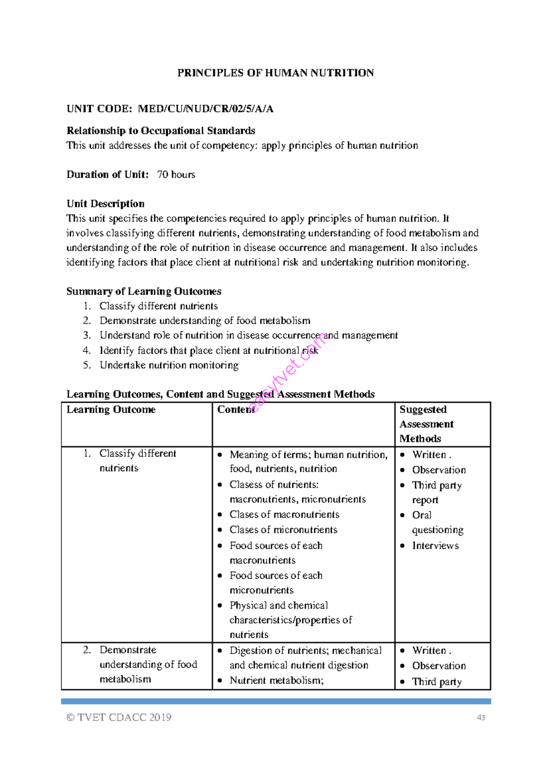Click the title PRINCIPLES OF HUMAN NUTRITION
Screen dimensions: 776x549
click(275, 73)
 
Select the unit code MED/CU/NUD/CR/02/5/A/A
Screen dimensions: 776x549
click(205, 109)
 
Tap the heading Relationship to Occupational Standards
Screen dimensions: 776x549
click(161, 131)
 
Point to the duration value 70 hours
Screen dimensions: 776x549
click(176, 175)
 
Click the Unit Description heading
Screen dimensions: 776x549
click(105, 204)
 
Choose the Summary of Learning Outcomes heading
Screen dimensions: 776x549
click(144, 291)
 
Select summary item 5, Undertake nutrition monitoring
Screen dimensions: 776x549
click(169, 365)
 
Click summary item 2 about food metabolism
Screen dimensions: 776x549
click(205, 321)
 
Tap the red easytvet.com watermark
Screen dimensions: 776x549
click(288, 373)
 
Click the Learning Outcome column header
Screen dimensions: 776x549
click(111, 410)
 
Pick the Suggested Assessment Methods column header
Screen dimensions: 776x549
click(426, 424)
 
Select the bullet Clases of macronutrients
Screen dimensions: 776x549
click(284, 515)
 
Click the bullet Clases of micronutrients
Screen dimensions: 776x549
click(283, 530)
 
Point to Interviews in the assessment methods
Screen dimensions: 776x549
click(435, 546)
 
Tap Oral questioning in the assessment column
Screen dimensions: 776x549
click(437, 523)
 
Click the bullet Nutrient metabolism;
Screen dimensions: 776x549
click(276, 681)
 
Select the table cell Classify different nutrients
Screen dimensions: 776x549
click(137, 461)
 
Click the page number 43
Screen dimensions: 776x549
click(481, 718)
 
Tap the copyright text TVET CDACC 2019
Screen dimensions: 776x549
click(119, 717)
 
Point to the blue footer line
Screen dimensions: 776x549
click(276, 701)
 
